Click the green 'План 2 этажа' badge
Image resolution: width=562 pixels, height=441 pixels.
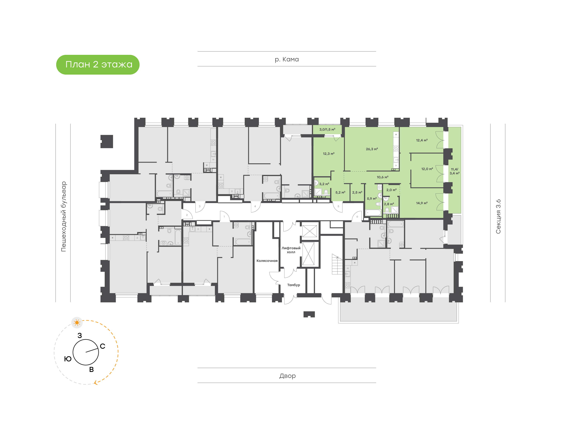pos(98,65)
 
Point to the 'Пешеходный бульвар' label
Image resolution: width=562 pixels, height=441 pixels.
pos(63,216)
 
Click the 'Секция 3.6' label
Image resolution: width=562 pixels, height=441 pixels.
pos(498,216)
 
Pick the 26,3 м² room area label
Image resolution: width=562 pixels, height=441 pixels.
pos(372,149)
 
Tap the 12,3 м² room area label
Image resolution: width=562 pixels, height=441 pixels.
pos(328,154)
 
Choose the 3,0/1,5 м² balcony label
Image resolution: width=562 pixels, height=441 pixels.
pos(327,129)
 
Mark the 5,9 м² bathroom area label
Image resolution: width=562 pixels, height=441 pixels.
pos(372,199)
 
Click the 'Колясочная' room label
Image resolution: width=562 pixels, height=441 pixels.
pos(267,261)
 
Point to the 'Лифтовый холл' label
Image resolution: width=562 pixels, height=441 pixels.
pos(291,250)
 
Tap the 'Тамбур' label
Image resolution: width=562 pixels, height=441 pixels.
pos(293,285)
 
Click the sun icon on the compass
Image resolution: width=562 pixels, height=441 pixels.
pos(77,323)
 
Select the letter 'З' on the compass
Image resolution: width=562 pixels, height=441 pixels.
pos(80,335)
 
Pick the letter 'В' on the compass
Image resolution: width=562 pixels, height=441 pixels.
pos(91,369)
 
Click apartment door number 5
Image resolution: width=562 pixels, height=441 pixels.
pos(338,206)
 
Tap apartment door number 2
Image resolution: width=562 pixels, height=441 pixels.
pos(187,215)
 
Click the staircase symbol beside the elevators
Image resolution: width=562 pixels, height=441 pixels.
pos(337,264)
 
